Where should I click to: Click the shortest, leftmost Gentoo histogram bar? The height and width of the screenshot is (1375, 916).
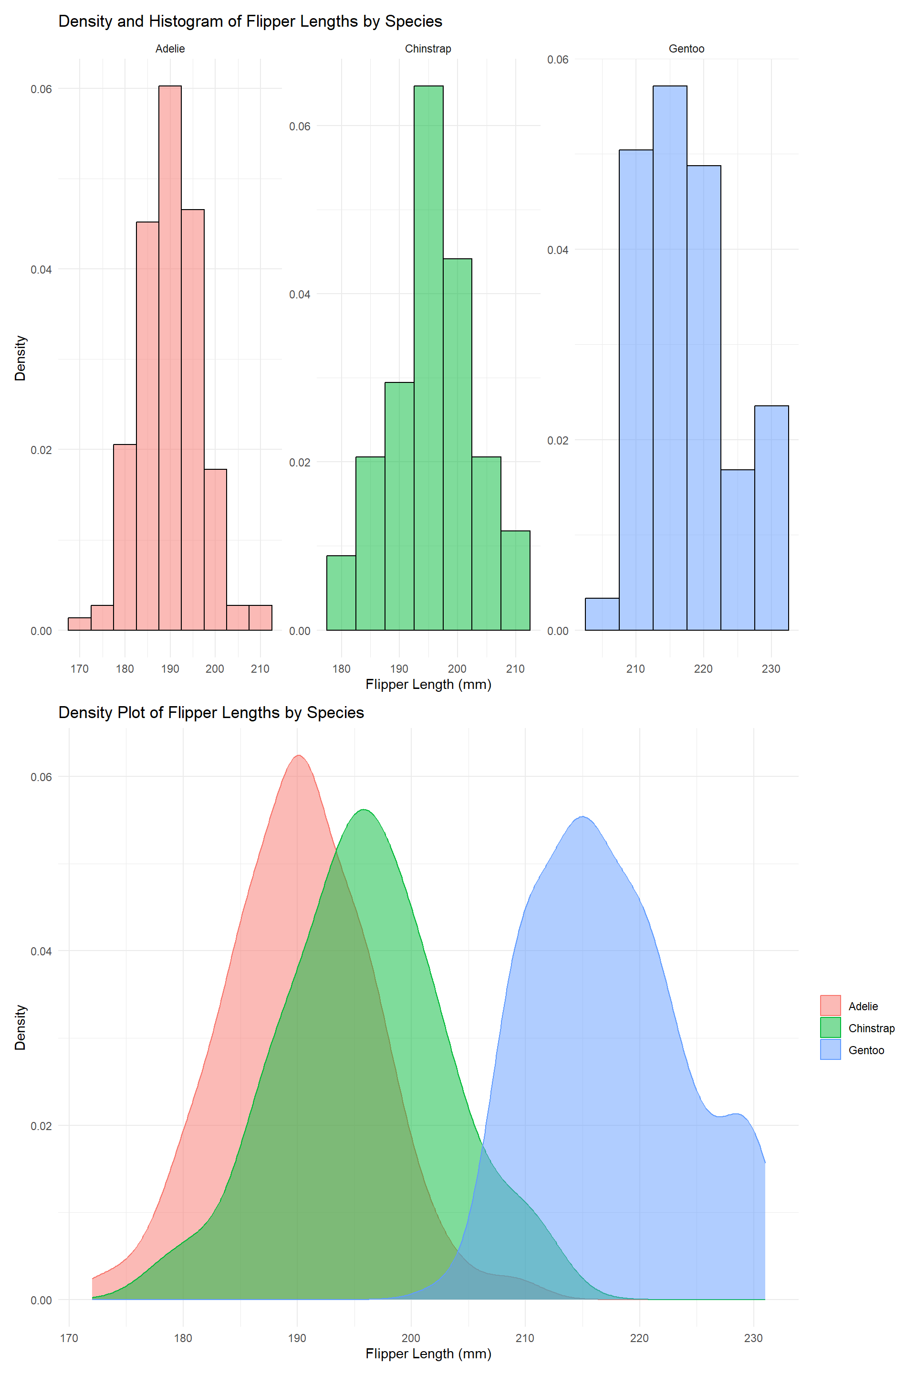click(602, 614)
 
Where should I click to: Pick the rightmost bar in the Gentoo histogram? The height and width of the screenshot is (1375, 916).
click(771, 518)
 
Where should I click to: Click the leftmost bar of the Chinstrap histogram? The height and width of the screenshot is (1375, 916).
click(341, 593)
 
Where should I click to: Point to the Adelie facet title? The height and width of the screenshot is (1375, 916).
click(170, 49)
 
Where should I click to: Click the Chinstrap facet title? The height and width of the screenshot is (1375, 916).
click(428, 49)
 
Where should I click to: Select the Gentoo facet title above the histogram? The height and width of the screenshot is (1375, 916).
click(687, 49)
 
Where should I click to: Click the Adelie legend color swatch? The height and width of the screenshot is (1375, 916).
click(830, 1005)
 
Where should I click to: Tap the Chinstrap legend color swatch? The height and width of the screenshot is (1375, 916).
click(830, 1028)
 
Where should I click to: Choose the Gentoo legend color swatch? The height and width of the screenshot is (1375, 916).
click(830, 1050)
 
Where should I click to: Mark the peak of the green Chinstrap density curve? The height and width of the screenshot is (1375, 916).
click(364, 810)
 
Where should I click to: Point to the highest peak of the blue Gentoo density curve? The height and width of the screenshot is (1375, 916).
click(583, 817)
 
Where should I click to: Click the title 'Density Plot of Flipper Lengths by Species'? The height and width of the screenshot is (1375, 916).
click(211, 713)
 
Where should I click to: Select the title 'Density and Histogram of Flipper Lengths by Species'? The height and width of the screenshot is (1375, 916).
click(250, 21)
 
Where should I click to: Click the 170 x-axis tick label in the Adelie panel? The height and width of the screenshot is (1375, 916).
click(80, 669)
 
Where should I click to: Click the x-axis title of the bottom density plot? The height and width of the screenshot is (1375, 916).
click(428, 1354)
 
